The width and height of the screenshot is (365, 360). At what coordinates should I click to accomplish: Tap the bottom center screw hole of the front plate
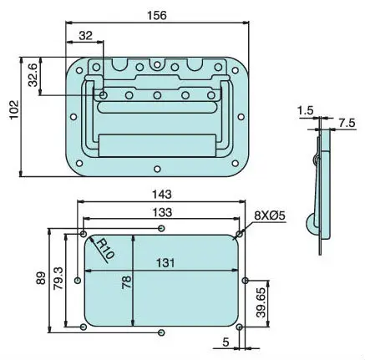[x=155, y=175]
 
